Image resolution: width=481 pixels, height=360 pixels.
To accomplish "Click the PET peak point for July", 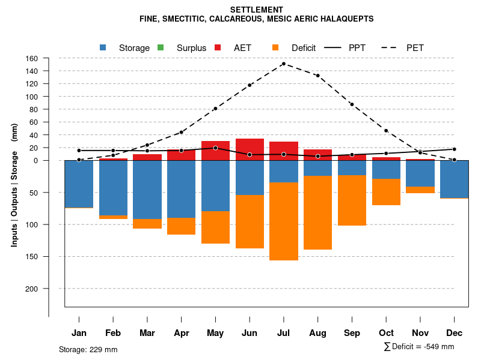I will click(x=283, y=64).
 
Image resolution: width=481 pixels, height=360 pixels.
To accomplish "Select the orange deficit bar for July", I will click(x=283, y=221).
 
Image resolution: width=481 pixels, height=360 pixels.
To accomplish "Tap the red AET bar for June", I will click(x=250, y=149).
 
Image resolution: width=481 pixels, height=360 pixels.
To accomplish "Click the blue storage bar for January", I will click(x=79, y=184).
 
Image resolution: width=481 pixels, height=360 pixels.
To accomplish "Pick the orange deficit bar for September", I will click(x=352, y=200).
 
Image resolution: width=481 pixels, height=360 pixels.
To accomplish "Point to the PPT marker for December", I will click(x=454, y=149).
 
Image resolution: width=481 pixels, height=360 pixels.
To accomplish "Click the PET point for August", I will click(x=317, y=76).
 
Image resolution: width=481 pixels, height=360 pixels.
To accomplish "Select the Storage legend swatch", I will click(x=103, y=47).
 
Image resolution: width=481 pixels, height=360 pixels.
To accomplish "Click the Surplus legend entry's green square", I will click(x=161, y=47).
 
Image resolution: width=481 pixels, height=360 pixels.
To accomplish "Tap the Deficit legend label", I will click(x=303, y=48).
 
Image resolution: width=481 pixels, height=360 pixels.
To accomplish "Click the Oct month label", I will click(x=386, y=333).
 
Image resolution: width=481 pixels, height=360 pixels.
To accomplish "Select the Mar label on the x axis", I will click(x=147, y=333).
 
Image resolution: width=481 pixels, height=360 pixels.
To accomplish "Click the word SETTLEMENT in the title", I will click(x=256, y=10).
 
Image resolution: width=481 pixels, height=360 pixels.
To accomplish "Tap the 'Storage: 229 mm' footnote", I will click(x=88, y=349).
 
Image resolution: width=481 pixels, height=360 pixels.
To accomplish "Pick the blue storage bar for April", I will click(x=181, y=189).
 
